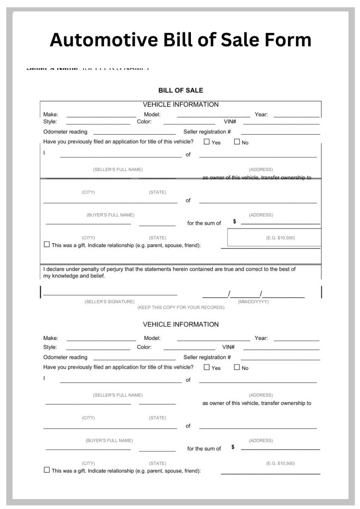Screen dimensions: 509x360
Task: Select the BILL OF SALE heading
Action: (180, 90)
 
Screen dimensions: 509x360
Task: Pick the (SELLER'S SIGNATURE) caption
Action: (109, 302)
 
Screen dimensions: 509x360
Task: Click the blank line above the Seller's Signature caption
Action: (110, 295)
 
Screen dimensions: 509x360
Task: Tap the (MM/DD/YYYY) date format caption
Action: (253, 302)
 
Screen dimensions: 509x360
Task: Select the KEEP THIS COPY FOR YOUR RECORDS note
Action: (180, 308)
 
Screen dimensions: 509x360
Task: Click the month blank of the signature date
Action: (215, 296)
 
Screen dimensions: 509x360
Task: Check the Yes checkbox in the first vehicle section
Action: (207, 142)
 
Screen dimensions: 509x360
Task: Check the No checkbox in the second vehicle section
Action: (237, 367)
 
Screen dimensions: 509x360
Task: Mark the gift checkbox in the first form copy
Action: (47, 245)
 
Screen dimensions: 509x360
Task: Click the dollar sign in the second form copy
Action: (233, 447)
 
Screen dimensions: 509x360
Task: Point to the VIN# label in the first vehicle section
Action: (229, 122)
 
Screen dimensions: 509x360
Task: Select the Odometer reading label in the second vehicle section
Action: (65, 357)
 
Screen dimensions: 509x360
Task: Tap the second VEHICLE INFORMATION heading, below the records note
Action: (180, 325)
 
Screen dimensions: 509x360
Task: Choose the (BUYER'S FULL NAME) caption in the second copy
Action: (109, 440)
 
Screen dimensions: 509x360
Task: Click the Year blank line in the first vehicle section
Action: (296, 116)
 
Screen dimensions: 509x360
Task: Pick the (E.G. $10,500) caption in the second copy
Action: (280, 463)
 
